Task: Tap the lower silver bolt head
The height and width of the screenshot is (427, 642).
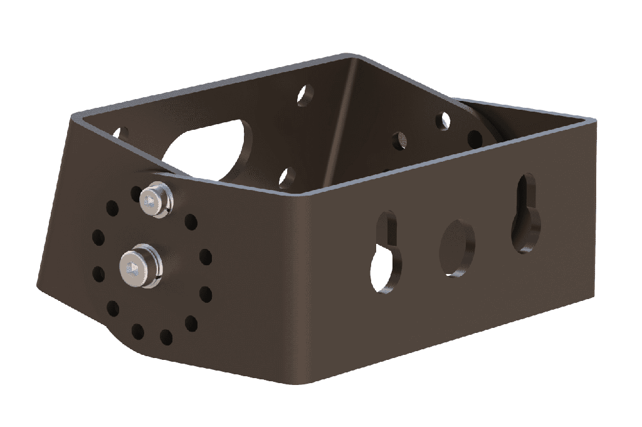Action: click(x=139, y=268)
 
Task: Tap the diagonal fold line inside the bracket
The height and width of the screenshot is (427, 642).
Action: click(x=342, y=125)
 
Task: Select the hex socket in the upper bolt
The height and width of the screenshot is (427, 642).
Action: click(x=149, y=201)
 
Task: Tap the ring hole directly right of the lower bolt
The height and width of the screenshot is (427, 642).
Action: click(x=204, y=256)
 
